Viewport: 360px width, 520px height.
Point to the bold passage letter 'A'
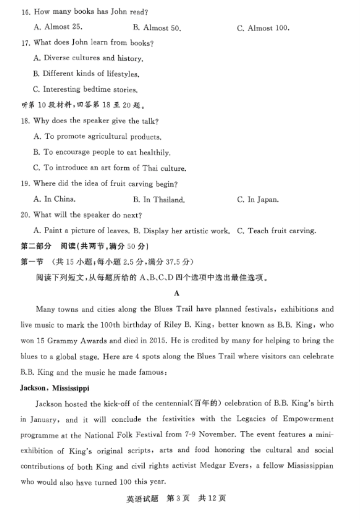(177, 294)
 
